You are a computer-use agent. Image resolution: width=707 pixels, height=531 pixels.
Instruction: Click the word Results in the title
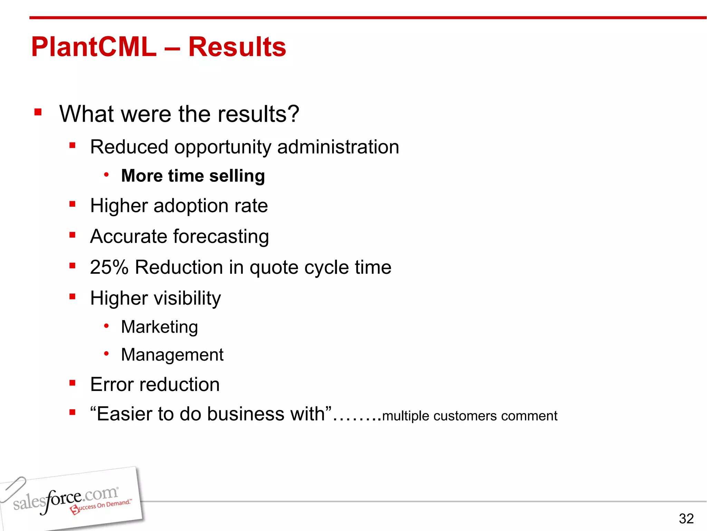pos(237,47)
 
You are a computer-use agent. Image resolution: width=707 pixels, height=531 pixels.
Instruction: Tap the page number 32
pos(686,519)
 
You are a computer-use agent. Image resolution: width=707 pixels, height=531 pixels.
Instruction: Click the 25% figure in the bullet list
pos(109,267)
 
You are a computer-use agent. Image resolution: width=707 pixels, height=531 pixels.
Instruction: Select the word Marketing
pos(159,327)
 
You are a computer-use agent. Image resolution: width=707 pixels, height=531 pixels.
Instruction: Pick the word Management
pos(172,355)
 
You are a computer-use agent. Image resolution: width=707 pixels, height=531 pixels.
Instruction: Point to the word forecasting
pos(221,237)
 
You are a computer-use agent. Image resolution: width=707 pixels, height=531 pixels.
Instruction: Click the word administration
pos(338,147)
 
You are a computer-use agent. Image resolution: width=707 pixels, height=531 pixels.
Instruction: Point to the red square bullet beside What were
pos(38,112)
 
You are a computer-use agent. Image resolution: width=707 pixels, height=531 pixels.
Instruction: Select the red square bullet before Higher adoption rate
pos(72,204)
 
